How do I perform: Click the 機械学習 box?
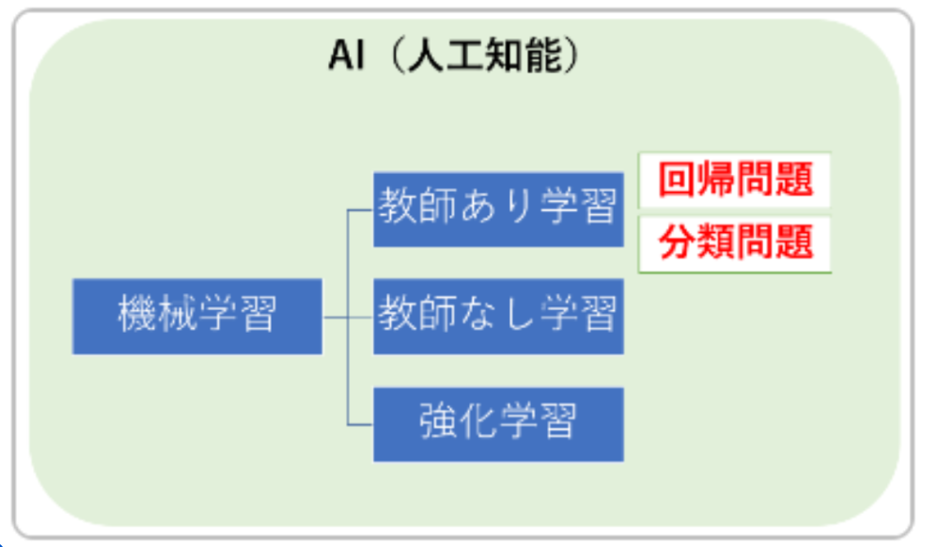tap(197, 316)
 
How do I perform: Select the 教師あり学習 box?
tap(498, 210)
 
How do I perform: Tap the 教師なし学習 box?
tap(498, 316)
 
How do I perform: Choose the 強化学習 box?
tap(498, 424)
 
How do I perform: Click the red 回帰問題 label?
tap(735, 180)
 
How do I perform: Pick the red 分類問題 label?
tap(735, 242)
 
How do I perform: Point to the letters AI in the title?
tap(347, 55)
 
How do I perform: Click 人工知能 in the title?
tap(485, 55)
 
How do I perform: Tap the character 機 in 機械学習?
tap(137, 314)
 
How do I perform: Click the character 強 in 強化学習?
tap(439, 421)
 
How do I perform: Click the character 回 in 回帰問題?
tap(677, 180)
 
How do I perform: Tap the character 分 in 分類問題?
tap(677, 242)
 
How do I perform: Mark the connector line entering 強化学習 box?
tap(360, 425)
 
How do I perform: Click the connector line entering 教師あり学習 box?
tap(360, 211)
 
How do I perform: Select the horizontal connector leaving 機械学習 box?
tap(335, 317)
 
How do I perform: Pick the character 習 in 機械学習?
tap(258, 314)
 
